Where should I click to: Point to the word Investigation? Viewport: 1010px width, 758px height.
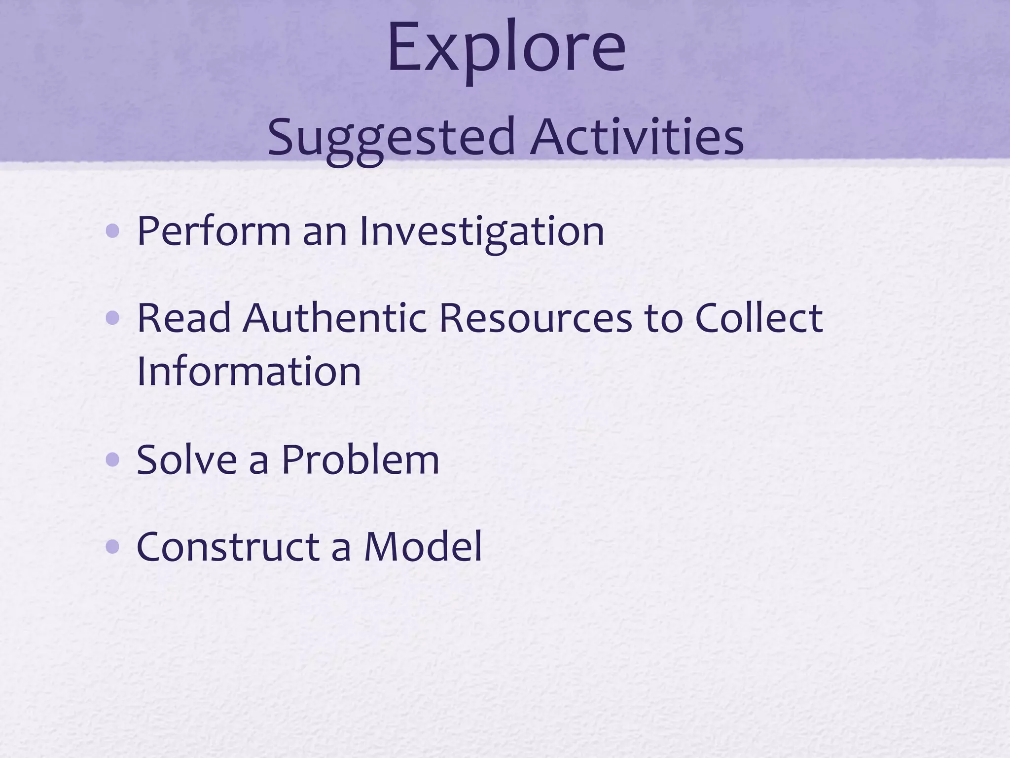coord(481,231)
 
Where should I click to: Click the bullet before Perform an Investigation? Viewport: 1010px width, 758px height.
coord(112,230)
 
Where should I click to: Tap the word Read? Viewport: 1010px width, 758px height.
coord(183,318)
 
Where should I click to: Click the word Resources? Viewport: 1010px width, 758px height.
coord(535,318)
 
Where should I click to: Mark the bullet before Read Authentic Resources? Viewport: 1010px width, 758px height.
coord(112,319)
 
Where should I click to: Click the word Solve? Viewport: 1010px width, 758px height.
coord(186,460)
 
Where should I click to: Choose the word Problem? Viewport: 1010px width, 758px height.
coord(360,460)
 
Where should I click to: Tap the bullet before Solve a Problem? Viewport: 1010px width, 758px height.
coord(112,460)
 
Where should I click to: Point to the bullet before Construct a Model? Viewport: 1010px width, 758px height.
coord(112,547)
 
